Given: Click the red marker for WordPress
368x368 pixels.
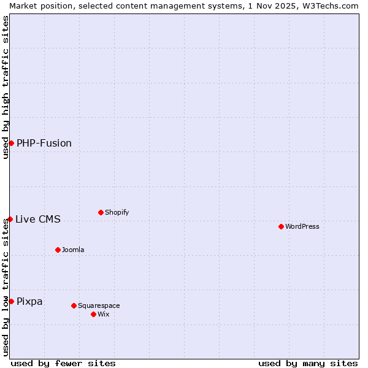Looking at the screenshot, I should (281, 226).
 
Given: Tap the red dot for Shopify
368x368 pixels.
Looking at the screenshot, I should (101, 212).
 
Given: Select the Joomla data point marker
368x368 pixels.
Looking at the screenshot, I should (58, 250).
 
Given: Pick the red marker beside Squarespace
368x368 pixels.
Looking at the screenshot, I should (74, 305).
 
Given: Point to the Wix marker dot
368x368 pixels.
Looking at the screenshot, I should (93, 314).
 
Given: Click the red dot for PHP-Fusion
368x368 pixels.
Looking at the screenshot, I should (11, 143).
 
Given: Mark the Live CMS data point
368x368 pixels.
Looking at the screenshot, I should (10, 219).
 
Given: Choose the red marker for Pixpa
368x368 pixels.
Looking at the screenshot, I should (11, 301).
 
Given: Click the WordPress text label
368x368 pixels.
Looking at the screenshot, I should (302, 226).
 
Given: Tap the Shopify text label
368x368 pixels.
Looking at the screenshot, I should (117, 212).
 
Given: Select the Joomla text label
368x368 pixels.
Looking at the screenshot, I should (73, 250).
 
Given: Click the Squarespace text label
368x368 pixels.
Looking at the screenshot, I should (99, 305).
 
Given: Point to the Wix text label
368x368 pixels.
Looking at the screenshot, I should (104, 314).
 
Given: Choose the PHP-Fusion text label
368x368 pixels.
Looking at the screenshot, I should (44, 143).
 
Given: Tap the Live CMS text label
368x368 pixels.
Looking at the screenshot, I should (38, 219).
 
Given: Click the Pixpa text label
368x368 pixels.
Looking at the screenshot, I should (29, 301).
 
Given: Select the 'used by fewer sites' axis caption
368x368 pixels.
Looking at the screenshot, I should (63, 363).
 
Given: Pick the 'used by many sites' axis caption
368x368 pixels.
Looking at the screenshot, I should (308, 363).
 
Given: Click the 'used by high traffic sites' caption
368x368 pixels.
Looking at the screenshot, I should (6, 87).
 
